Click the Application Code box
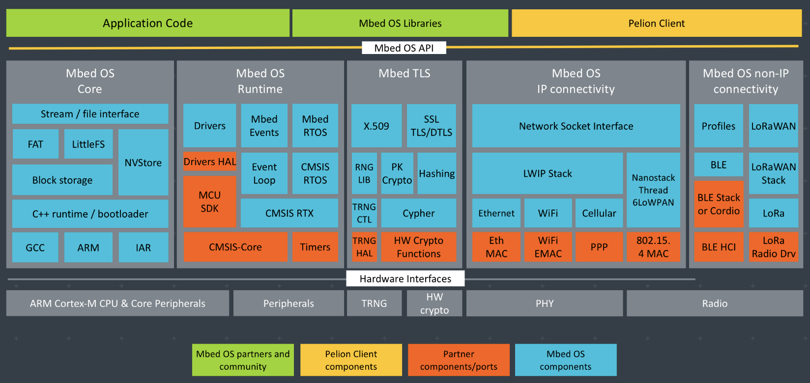click(147, 23)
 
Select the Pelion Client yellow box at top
click(656, 23)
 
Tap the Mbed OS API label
click(404, 48)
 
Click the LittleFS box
click(88, 144)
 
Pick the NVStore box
click(143, 163)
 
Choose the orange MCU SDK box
click(210, 201)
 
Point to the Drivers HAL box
click(210, 162)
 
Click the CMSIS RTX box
click(289, 213)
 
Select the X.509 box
click(376, 126)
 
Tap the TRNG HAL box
click(364, 247)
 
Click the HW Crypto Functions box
click(419, 247)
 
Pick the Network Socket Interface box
click(576, 126)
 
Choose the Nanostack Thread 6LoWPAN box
click(653, 190)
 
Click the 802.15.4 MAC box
click(653, 247)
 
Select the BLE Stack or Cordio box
click(719, 204)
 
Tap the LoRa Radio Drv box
click(773, 247)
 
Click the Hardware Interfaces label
click(405, 278)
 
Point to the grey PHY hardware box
click(545, 303)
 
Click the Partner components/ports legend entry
click(459, 360)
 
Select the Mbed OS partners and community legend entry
click(243, 360)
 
